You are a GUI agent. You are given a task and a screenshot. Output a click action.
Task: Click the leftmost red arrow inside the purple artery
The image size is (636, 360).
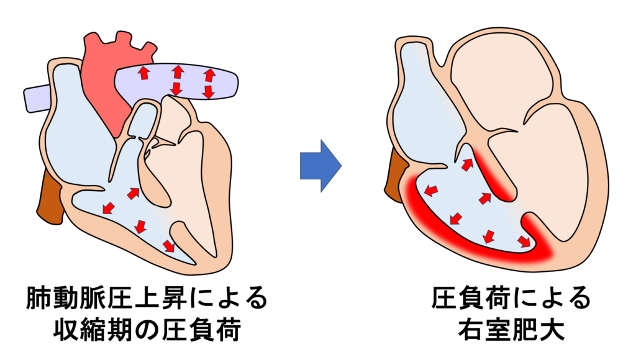[x=143, y=73]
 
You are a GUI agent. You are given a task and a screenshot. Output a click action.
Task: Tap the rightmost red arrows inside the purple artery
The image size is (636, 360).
[x=209, y=83]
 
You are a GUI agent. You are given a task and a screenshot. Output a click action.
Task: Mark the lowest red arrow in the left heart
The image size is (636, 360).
[x=168, y=246]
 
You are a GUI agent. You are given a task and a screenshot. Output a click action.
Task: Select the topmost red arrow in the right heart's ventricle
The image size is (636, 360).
[x=466, y=164]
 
